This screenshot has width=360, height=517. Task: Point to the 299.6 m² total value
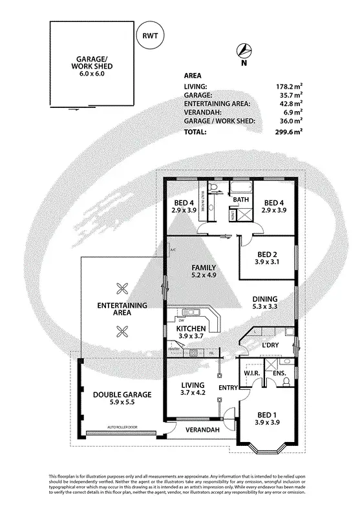coord(289,131)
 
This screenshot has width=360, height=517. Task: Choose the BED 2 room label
coord(267,258)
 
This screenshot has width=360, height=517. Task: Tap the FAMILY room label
coord(202,272)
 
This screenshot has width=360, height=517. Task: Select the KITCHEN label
coord(191,333)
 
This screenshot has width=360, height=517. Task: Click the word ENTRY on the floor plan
coord(228,388)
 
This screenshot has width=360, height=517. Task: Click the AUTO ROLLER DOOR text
coord(124,428)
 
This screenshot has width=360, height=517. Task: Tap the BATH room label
coord(240,200)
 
